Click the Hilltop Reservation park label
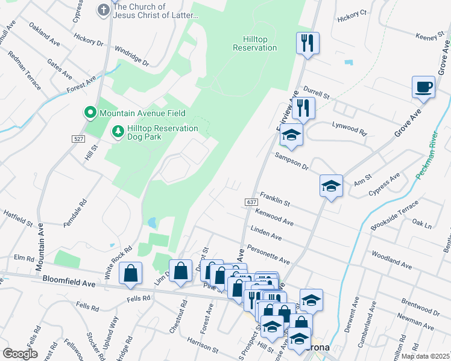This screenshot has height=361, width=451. [254, 43]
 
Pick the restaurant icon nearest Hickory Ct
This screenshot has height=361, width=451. [307, 43]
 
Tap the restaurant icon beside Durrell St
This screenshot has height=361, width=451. [304, 108]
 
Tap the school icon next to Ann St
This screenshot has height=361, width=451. [331, 185]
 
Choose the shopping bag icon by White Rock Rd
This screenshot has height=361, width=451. [131, 273]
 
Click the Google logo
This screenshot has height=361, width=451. [20, 354]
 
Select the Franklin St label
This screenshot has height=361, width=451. [275, 199]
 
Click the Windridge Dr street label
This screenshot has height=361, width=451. [131, 56]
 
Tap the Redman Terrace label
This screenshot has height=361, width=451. [24, 70]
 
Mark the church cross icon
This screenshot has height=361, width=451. [103, 10]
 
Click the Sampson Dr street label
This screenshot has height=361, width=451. [292, 161]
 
